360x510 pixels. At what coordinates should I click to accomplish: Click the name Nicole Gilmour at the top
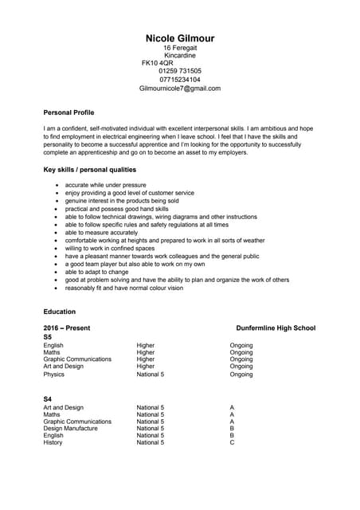coord(180,38)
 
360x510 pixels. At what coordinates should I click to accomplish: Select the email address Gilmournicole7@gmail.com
coord(180,88)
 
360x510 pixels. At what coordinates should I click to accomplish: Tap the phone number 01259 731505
coord(180,71)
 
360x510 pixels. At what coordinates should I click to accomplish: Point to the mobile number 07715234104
coord(180,80)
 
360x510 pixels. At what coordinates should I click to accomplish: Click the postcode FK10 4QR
coord(157,63)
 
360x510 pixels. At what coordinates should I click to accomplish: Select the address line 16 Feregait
coord(180,48)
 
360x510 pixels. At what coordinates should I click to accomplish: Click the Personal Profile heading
coord(68,113)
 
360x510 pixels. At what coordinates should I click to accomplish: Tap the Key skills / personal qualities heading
coord(89,170)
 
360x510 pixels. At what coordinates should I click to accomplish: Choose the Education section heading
coord(60,312)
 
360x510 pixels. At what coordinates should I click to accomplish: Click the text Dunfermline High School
coord(276,328)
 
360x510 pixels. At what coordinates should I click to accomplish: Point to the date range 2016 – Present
coord(67,328)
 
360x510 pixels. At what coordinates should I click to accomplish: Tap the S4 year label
coord(48,398)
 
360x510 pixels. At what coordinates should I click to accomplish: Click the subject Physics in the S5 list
coord(54,374)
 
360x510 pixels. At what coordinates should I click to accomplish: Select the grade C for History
coord(232,442)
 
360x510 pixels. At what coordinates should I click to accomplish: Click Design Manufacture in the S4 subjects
coord(71,428)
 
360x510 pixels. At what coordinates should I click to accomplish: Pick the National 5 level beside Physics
coord(151,374)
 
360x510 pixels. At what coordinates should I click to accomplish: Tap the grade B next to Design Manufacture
coord(232,428)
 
